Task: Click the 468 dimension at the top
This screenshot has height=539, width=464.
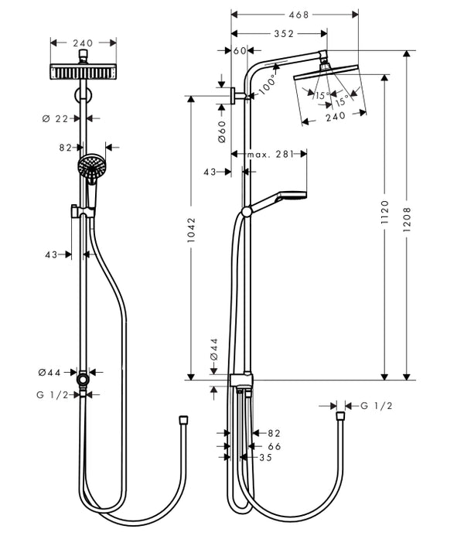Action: pyautogui.click(x=295, y=14)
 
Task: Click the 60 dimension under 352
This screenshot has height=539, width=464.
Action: pyautogui.click(x=238, y=50)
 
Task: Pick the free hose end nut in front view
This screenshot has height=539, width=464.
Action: pyautogui.click(x=183, y=418)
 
